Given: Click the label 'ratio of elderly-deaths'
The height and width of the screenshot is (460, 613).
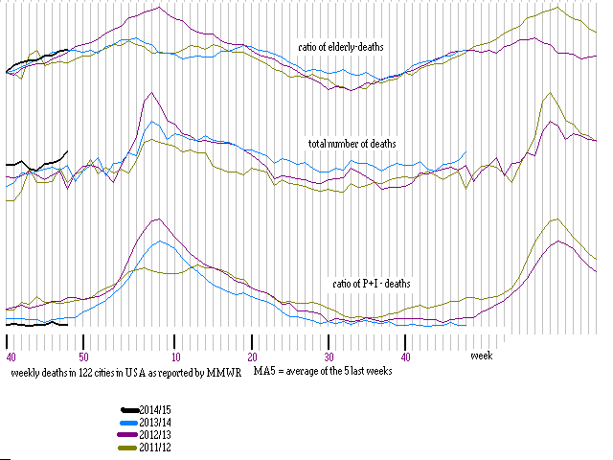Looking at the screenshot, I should (341, 47).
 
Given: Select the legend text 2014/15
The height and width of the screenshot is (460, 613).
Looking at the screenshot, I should (156, 410).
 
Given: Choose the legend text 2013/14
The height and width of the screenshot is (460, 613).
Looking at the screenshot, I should (156, 423).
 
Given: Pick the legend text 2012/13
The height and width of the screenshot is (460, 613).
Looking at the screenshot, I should (156, 435).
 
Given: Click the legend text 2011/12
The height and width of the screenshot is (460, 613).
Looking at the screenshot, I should (156, 448).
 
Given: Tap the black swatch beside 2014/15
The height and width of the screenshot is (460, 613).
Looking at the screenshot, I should (128, 410).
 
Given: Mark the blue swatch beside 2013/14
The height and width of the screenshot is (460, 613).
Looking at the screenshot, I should (128, 423).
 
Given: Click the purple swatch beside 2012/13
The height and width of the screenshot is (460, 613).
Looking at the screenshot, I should (128, 435).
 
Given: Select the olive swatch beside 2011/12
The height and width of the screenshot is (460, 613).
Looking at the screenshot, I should (128, 448).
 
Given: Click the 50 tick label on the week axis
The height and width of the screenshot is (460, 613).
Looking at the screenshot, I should (84, 356).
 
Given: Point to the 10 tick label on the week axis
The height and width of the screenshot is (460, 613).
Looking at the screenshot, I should (175, 356).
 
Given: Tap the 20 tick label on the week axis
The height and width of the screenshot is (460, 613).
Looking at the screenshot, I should (252, 356).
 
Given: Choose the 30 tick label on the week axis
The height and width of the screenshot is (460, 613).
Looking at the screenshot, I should (329, 356).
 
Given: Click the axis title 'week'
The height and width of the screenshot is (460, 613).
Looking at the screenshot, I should (481, 356).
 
